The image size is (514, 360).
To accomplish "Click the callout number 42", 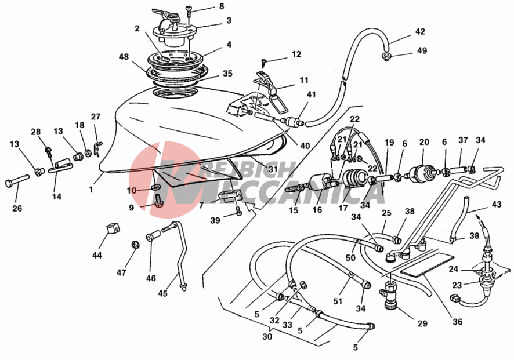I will pyautogui.click(x=420, y=31).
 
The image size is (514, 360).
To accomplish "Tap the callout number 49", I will pyautogui.click(x=422, y=50).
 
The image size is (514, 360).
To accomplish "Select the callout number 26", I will pyautogui.click(x=17, y=208).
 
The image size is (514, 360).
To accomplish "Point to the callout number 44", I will pyautogui.click(x=96, y=254).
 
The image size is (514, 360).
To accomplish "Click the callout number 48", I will pyautogui.click(x=123, y=57).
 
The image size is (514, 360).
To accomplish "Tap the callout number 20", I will pyautogui.click(x=423, y=141).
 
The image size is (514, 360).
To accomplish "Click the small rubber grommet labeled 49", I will pyautogui.click(x=385, y=56).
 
